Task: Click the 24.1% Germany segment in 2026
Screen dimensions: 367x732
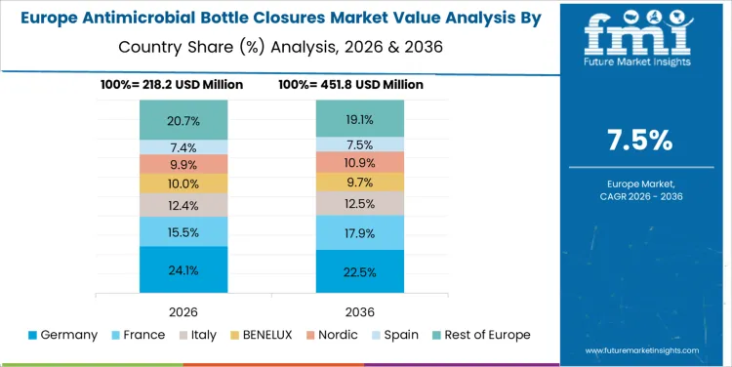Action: (x=183, y=269)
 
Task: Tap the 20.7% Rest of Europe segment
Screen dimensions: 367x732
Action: (x=183, y=120)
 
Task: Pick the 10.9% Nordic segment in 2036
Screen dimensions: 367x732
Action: (x=359, y=161)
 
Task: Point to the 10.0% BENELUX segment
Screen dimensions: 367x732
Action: (x=183, y=183)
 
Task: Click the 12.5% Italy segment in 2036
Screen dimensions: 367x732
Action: (x=359, y=203)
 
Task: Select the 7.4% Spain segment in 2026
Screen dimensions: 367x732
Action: (x=183, y=147)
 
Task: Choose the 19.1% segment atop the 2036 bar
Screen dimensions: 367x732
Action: (x=359, y=118)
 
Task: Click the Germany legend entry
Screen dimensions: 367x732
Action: (x=64, y=335)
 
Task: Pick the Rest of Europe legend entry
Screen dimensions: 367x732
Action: (x=487, y=335)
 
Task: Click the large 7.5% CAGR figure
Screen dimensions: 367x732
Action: (x=639, y=141)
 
